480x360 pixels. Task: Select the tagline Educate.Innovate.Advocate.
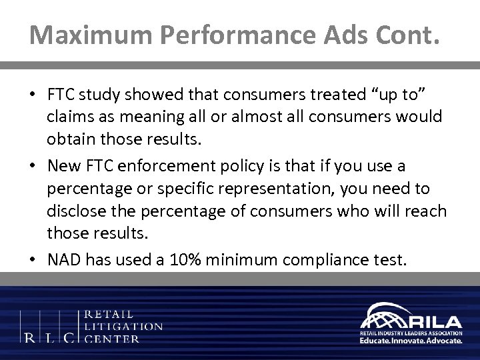[409, 339]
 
